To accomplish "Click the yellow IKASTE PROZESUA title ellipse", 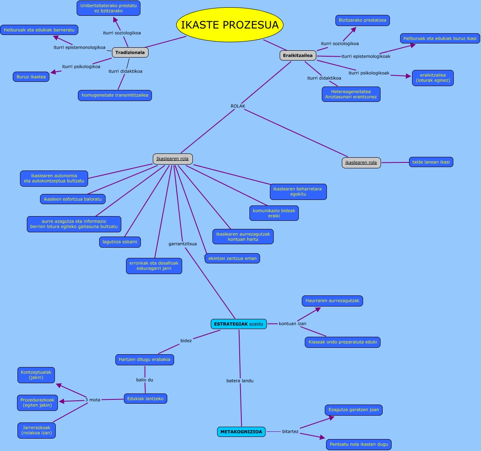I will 230,25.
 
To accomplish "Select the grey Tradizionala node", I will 130,53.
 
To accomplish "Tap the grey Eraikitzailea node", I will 298,55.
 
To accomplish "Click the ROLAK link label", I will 238,106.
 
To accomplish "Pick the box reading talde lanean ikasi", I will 431,162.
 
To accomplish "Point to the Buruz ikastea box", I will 31,77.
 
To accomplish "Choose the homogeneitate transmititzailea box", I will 115,95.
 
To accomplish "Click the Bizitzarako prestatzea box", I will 363,20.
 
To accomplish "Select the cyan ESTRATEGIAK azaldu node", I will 239,324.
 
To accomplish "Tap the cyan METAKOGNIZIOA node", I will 242,432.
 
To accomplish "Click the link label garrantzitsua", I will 183,244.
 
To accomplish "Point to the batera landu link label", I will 240,381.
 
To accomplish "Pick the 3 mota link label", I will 92,400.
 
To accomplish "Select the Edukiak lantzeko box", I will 146,399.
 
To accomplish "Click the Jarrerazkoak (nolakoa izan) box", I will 37,430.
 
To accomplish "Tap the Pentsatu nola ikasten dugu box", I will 358,445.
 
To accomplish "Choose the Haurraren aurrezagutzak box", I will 332,301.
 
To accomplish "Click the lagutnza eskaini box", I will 120,242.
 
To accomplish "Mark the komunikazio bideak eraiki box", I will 274,213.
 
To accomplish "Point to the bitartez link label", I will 290,432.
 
